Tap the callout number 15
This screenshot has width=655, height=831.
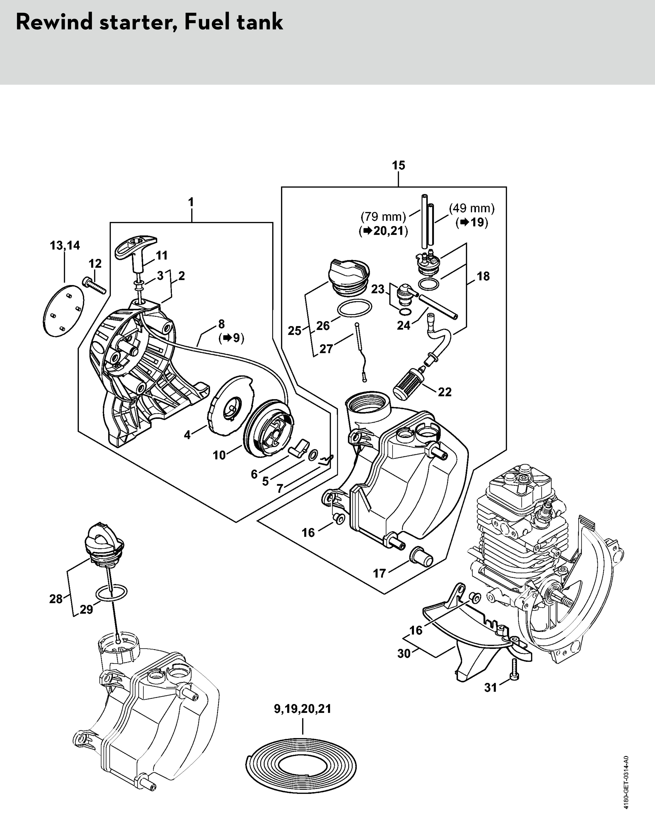pos(398,166)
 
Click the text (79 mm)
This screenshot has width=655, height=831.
pos(383,217)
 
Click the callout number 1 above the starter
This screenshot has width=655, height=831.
pos(191,202)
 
